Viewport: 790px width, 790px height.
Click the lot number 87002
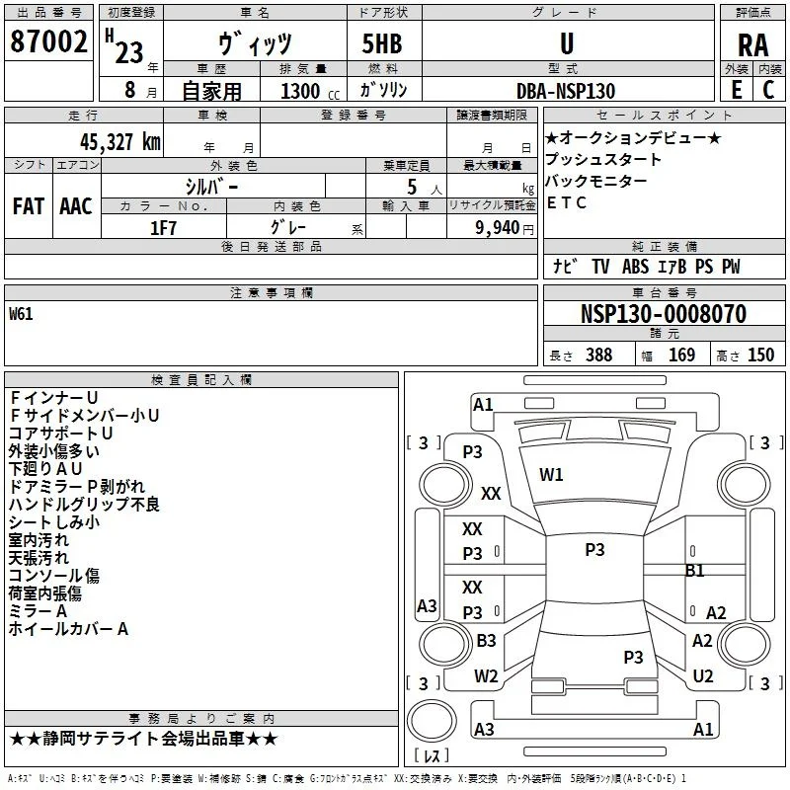[x=48, y=41]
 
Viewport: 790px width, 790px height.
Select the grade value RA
[x=752, y=45]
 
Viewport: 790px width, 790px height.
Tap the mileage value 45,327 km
[x=120, y=142]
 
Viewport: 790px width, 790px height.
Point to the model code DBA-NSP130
[x=566, y=91]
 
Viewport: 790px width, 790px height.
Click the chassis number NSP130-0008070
[x=664, y=314]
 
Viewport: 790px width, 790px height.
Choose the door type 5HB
[x=382, y=43]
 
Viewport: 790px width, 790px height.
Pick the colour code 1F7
[x=163, y=228]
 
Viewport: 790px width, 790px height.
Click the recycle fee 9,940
[x=497, y=228]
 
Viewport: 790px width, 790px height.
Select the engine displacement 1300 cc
[x=310, y=91]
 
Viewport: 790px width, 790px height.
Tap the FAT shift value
[x=29, y=206]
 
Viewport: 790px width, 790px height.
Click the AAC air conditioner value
[x=76, y=206]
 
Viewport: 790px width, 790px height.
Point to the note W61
[x=21, y=314]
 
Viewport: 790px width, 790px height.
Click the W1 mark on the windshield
[x=551, y=475]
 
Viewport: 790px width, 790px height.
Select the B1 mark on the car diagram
[x=695, y=571]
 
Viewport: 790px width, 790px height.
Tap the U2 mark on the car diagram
[x=703, y=675]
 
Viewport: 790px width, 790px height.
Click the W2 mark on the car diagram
[x=486, y=675]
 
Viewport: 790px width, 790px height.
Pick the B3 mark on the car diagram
[x=486, y=640]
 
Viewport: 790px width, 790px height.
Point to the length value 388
[x=599, y=355]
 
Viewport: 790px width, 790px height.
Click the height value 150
[x=760, y=355]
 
